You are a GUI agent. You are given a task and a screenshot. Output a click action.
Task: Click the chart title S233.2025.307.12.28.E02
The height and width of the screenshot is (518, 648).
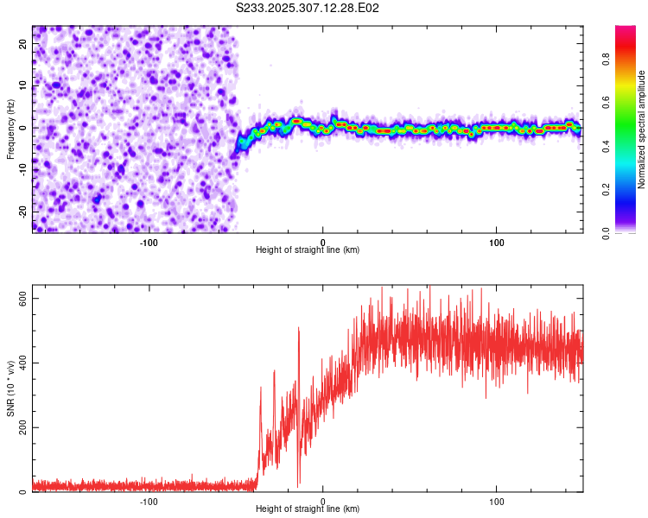point(308,8)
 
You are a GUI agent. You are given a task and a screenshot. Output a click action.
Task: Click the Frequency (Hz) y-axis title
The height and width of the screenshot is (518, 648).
point(10,129)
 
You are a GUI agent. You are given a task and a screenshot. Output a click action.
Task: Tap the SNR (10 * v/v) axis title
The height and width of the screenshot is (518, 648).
point(10,390)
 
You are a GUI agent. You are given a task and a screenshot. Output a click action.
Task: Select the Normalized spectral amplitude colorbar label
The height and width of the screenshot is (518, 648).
point(642,129)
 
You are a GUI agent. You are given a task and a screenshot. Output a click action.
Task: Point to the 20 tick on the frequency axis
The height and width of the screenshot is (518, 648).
point(23,45)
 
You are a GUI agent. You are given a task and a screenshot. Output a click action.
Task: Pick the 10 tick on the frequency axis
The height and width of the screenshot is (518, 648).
point(23,86)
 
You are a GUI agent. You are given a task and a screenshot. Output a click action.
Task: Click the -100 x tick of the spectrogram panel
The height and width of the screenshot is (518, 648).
point(149,242)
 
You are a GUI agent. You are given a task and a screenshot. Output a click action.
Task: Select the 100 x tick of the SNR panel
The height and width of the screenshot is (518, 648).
point(497,502)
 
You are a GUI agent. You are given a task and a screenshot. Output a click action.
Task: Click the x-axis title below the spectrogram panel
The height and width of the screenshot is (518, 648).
point(308,250)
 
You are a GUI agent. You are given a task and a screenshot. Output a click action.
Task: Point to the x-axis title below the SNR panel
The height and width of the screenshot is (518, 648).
point(308,510)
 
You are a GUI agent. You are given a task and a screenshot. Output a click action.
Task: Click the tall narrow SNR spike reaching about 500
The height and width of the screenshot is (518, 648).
point(298,330)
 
